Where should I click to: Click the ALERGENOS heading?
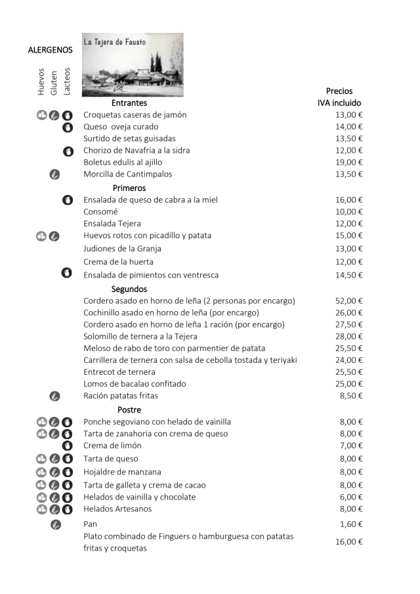(x=51, y=50)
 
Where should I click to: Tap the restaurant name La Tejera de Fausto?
(x=115, y=42)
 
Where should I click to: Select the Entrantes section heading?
(x=129, y=103)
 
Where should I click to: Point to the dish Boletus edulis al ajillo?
(x=123, y=162)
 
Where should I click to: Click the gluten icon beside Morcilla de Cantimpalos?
(x=54, y=175)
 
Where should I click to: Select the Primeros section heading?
(x=129, y=188)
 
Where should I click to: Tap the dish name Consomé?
(x=100, y=211)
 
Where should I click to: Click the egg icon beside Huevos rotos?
(x=41, y=236)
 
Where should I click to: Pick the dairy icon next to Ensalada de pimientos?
(x=67, y=274)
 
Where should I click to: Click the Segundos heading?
(x=129, y=289)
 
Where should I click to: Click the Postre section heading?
(x=129, y=410)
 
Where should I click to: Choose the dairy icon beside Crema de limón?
(x=67, y=446)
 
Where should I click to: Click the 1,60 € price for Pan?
(x=351, y=524)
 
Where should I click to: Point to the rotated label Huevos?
(x=41, y=83)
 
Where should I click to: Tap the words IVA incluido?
(x=339, y=103)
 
